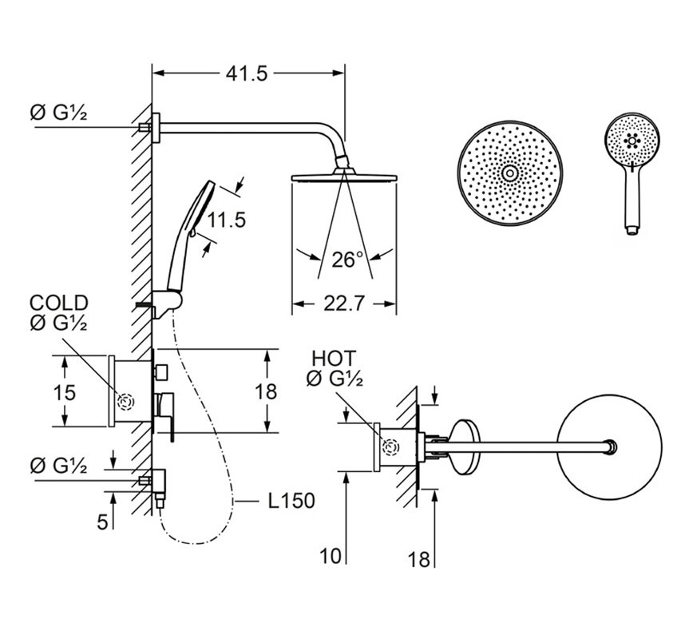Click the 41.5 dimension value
pos(247,73)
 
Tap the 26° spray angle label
pos(347,260)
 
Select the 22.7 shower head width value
pos(344,304)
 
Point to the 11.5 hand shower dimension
pos(226,220)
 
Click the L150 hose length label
pos(291,501)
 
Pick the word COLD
pos(59,303)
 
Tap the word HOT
pos(335,359)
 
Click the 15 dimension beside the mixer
pos(64,392)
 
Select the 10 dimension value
pos(331,556)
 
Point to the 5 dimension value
pos(102,522)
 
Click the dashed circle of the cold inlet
pos(127,402)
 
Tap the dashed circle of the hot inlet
pos(390,447)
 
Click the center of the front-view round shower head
pos(510,173)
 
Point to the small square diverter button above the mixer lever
pos(160,371)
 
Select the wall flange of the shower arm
pos(156,128)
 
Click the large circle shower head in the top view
pos(609,447)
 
